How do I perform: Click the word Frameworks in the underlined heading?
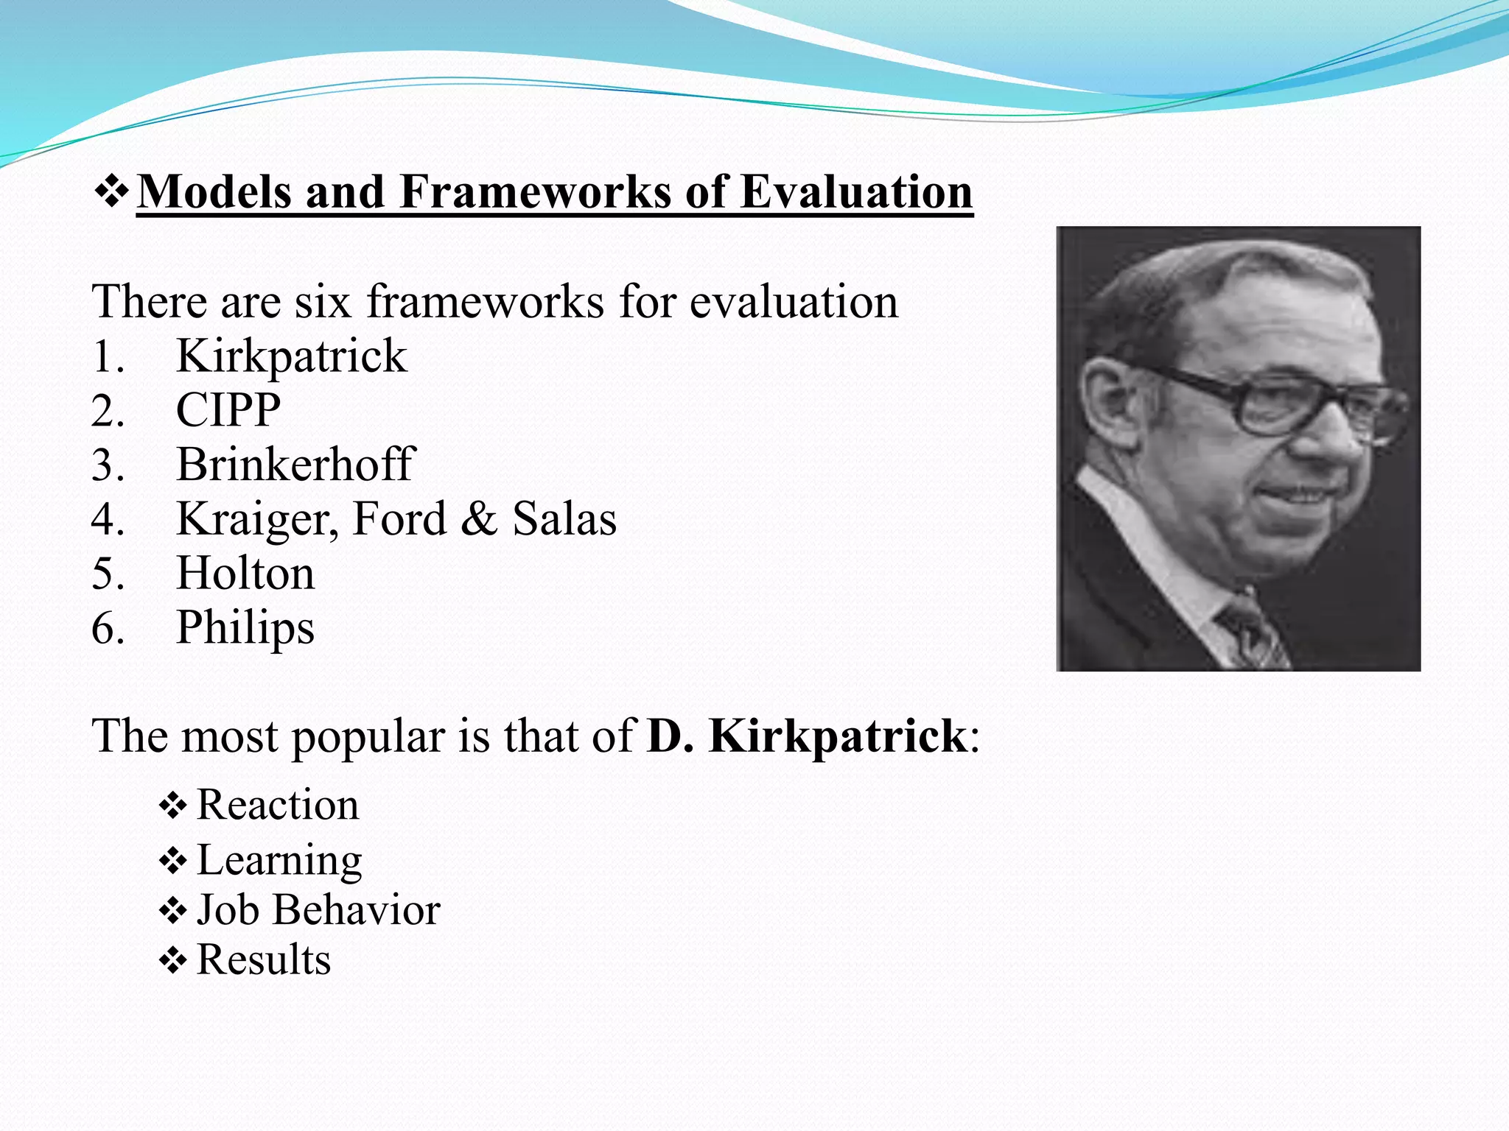(536, 193)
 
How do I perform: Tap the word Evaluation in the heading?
(856, 193)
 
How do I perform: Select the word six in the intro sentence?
(323, 303)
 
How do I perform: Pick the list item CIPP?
(228, 411)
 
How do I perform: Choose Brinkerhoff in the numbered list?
(296, 465)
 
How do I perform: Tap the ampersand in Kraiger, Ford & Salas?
(479, 519)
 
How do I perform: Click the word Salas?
(564, 519)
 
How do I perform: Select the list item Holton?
(245, 574)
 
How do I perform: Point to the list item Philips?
(245, 628)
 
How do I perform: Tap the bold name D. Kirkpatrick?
(807, 736)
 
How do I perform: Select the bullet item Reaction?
(278, 805)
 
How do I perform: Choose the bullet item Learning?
(279, 860)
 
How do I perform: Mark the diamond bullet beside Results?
(173, 961)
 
